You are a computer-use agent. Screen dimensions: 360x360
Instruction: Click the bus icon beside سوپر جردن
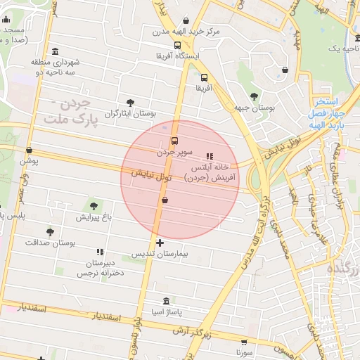[174, 140]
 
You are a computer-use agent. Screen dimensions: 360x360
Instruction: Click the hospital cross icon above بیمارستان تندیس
[160, 243]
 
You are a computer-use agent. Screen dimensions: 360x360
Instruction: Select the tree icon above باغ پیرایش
[94, 206]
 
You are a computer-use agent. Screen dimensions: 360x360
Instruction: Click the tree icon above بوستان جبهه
[254, 96]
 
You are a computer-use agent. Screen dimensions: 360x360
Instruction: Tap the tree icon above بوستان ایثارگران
[129, 102]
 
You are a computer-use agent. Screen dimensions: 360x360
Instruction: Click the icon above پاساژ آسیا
[166, 300]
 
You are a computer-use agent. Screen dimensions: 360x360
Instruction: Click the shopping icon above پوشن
[29, 150]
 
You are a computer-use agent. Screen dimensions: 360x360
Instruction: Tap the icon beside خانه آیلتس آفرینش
[209, 156]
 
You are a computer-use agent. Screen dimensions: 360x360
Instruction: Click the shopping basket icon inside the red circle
[165, 200]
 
